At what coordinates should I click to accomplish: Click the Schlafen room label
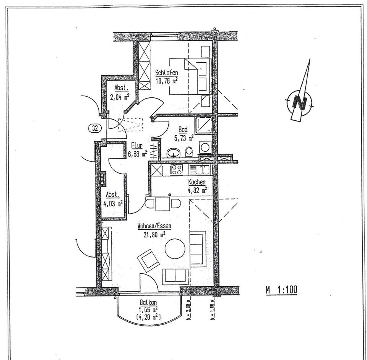pos(166,73)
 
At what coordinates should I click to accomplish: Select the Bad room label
pos(183,130)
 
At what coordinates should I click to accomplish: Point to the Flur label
pos(136,146)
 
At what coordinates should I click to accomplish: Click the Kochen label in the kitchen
pos(197,182)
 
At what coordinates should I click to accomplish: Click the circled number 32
pos(95,128)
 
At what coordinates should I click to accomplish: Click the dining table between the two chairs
pos(162,203)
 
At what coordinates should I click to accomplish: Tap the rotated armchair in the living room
pos(149,259)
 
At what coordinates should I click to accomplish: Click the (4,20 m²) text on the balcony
pos(148,316)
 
